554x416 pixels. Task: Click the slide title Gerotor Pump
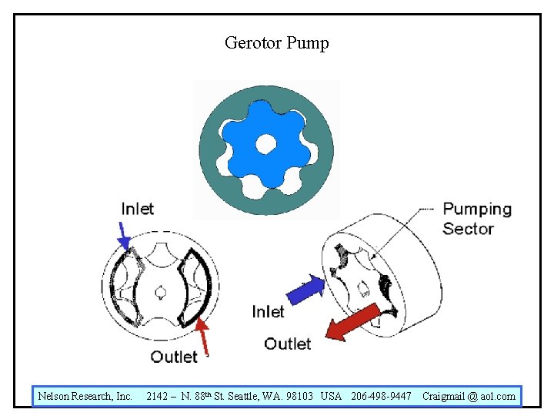point(276,42)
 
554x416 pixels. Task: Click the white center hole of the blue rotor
point(265,143)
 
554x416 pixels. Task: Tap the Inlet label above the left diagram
point(138,209)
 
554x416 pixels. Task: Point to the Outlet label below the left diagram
point(174,356)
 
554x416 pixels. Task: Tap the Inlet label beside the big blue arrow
point(268,311)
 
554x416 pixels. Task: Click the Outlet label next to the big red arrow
point(288,344)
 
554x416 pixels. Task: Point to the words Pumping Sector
point(477,219)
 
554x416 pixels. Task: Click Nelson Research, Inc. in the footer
point(85,397)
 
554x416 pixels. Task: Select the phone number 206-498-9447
point(381,397)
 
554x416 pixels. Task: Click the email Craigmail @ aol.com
point(469,397)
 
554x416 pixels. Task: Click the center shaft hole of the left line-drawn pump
point(160,291)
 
